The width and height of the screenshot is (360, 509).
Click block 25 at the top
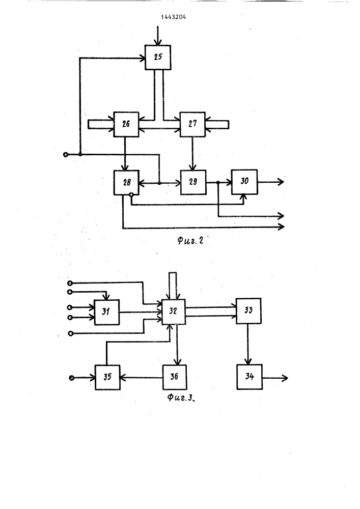(x=158, y=57)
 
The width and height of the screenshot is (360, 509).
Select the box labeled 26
(x=126, y=124)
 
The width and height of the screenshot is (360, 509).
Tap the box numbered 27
(x=192, y=124)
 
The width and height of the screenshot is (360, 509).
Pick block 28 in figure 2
(x=127, y=182)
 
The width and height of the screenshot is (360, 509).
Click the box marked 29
(x=193, y=182)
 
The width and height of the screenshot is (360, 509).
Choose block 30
(x=244, y=182)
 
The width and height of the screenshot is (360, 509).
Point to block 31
(x=106, y=313)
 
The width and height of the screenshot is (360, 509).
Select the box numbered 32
(x=174, y=312)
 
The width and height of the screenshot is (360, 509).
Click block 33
(x=248, y=311)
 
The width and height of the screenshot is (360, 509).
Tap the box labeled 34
(x=250, y=377)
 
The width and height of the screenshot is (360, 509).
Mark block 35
(x=107, y=378)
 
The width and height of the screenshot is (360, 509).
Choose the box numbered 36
(x=174, y=377)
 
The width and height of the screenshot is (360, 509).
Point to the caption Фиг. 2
(x=190, y=241)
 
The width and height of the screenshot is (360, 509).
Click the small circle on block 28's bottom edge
(x=131, y=195)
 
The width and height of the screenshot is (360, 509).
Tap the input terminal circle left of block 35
(x=71, y=378)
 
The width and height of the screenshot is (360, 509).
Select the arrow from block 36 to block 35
(x=142, y=378)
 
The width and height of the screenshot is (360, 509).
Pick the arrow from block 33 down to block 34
(x=248, y=344)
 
